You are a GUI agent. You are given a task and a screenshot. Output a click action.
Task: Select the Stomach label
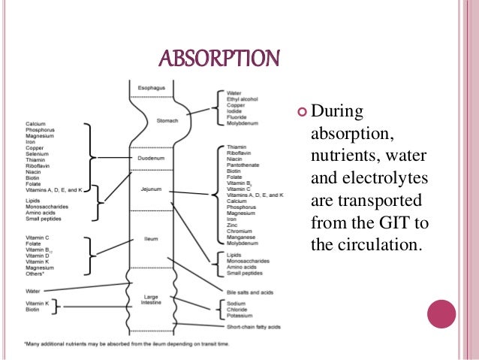point(167,120)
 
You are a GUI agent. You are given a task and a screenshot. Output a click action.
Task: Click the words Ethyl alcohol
point(243,98)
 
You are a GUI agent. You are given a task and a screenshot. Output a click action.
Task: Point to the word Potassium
point(239,316)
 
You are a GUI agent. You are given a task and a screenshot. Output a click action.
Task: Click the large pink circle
point(441,313)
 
